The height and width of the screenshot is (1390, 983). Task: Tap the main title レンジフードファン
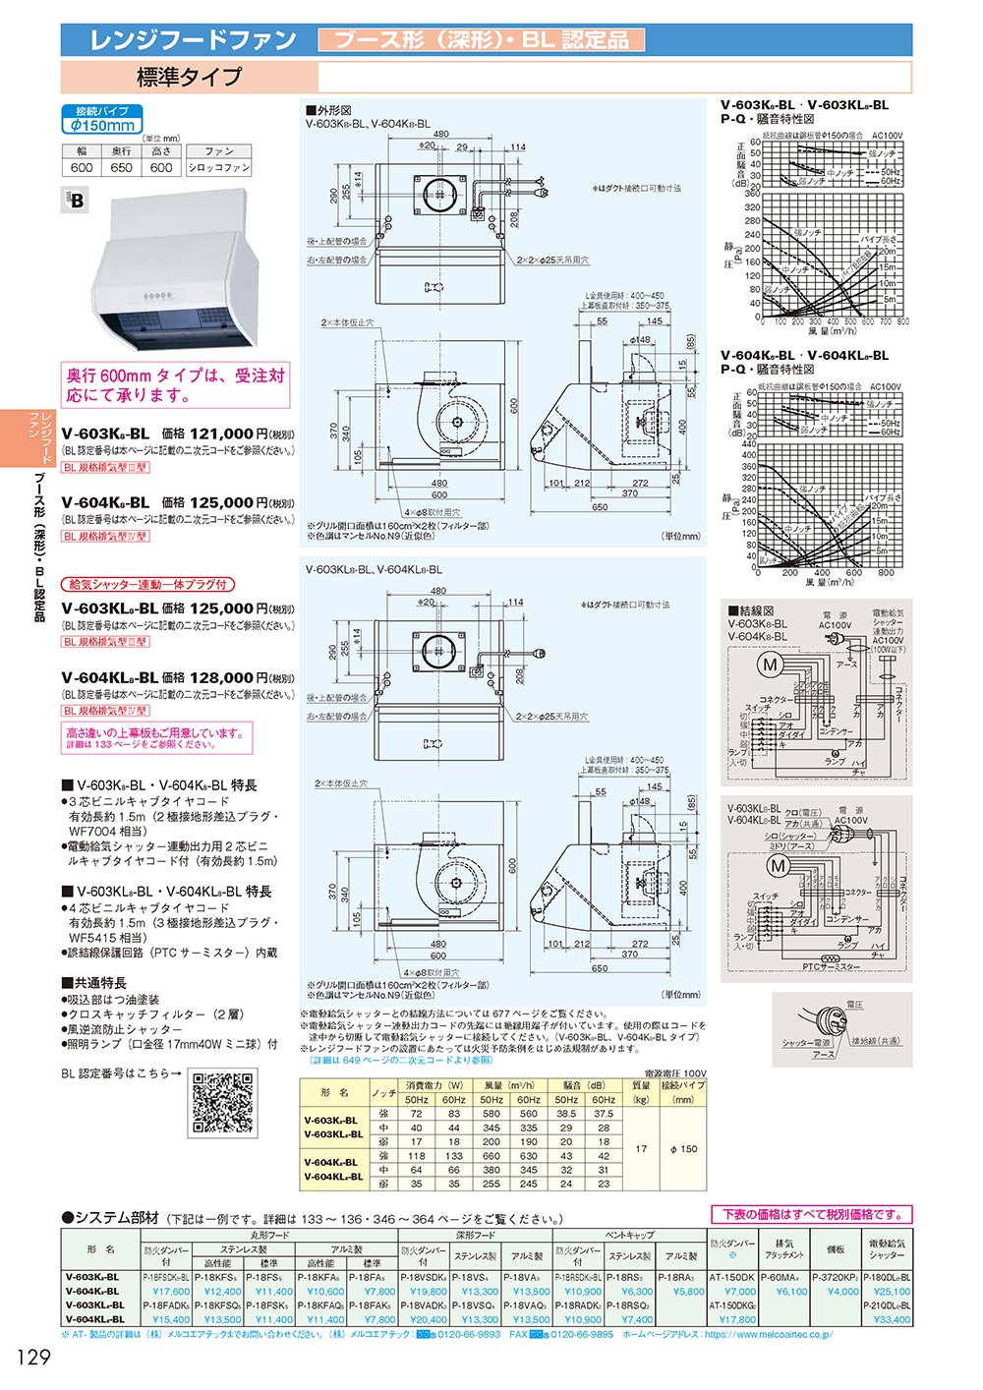(x=193, y=40)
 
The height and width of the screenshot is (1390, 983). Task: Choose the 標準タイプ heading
(x=189, y=77)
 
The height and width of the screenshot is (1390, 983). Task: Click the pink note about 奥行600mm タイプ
(x=176, y=385)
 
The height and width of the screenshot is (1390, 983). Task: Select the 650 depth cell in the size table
(x=121, y=168)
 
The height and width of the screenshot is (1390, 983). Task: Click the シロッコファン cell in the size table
(x=219, y=168)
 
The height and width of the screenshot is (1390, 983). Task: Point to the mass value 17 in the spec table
(x=641, y=1148)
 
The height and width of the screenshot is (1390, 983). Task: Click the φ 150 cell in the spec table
(x=683, y=1148)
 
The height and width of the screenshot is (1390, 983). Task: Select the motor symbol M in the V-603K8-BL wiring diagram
(x=770, y=666)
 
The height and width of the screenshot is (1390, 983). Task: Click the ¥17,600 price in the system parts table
(x=171, y=1292)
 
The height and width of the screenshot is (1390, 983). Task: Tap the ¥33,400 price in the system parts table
(x=892, y=1319)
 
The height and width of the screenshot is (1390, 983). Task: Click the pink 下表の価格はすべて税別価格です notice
(x=811, y=1215)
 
